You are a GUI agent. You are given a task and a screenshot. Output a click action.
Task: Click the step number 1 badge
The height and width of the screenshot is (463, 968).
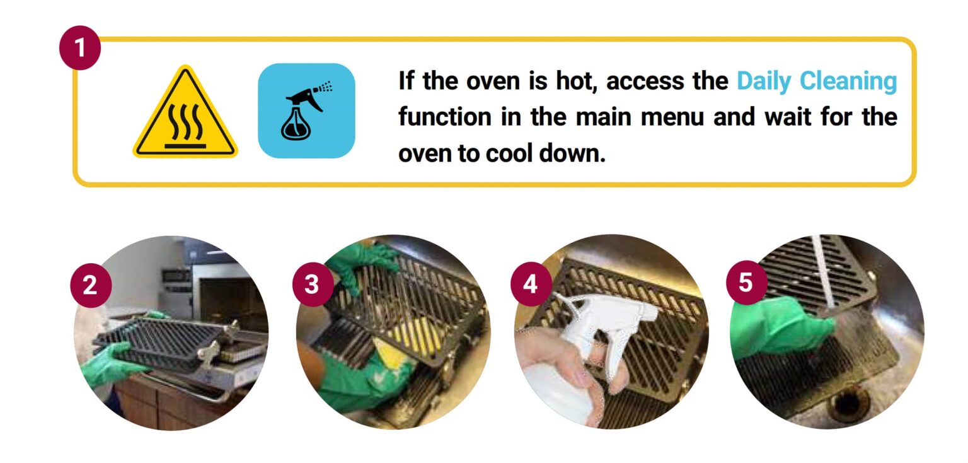(80, 49)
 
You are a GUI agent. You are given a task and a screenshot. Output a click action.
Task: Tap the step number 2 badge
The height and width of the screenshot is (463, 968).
(90, 286)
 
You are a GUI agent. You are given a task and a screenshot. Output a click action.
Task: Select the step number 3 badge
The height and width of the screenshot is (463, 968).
(312, 285)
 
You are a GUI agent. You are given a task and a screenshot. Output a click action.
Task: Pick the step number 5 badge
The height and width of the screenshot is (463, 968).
(746, 283)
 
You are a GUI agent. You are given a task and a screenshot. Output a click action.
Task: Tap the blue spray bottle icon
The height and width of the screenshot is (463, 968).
(306, 110)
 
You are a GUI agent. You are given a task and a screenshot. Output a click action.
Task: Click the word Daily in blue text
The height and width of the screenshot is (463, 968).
(764, 81)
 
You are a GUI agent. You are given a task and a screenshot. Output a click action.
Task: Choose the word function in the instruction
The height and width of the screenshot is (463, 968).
(444, 117)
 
